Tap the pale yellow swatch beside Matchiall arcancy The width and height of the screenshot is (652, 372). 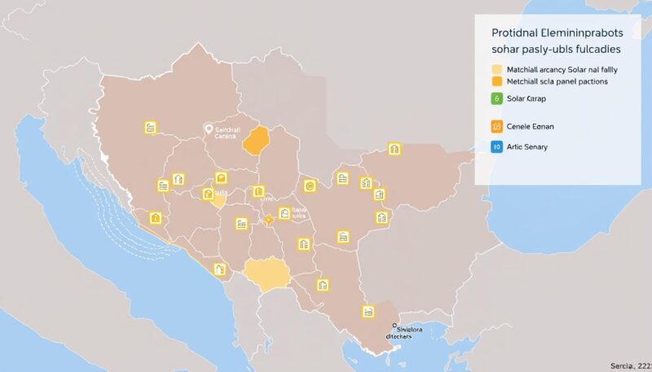(496, 70)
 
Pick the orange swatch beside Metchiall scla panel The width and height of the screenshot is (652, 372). (496, 81)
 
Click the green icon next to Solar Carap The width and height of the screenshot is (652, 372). (496, 98)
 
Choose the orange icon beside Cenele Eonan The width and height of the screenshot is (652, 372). (496, 126)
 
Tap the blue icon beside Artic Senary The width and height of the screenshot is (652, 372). (496, 147)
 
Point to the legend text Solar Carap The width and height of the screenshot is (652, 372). (526, 98)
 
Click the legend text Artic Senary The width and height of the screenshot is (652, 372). (527, 147)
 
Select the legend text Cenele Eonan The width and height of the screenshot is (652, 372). (530, 126)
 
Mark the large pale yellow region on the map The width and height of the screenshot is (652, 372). (267, 274)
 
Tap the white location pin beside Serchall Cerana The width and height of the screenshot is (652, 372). (209, 129)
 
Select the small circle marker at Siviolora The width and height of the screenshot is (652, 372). (394, 326)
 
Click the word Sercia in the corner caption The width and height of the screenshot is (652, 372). (623, 366)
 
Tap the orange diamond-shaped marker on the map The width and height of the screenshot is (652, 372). (267, 219)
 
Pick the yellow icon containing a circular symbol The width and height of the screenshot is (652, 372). (309, 186)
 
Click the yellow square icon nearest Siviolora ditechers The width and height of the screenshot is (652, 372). (368, 311)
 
